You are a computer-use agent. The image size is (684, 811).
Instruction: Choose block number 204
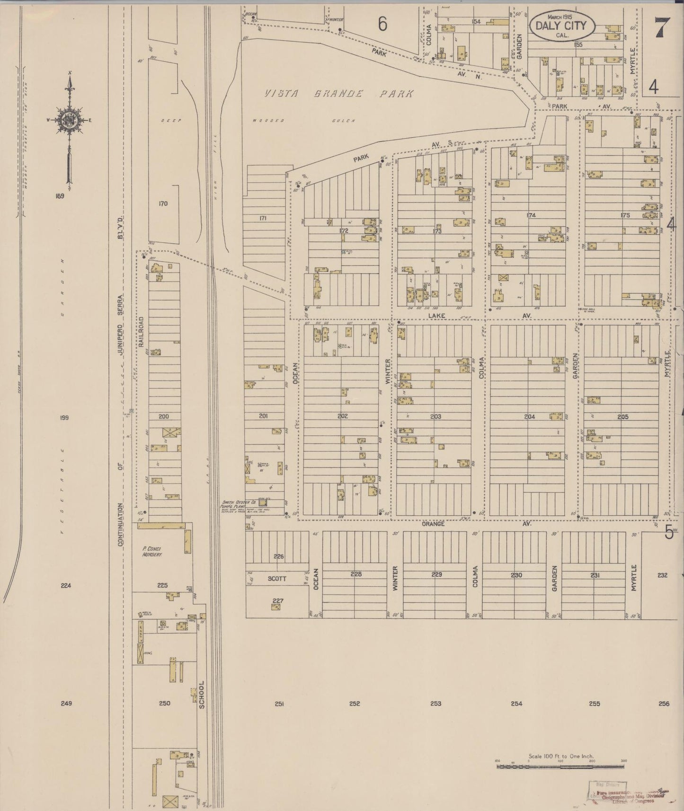[x=529, y=416]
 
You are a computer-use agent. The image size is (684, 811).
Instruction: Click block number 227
[x=278, y=601]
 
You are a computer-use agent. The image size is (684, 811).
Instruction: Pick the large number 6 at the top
[x=382, y=24]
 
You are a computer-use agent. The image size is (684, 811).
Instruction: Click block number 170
[x=163, y=203]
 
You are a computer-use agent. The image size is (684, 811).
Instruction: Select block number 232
[x=662, y=575]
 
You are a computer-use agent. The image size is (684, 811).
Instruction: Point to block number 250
[x=164, y=704]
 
